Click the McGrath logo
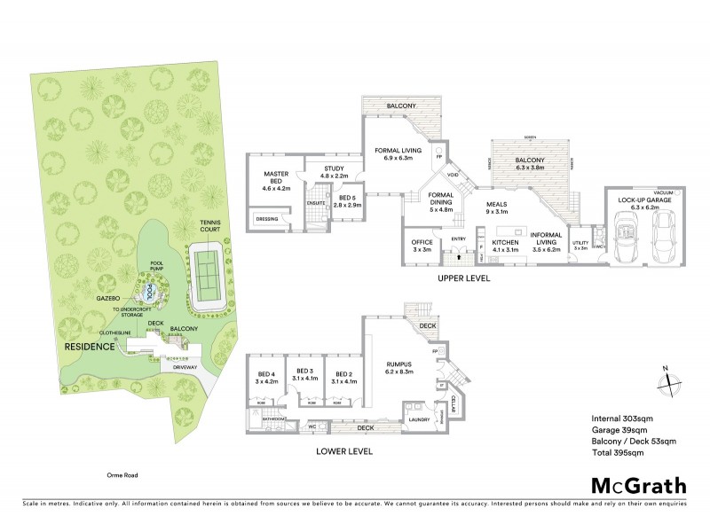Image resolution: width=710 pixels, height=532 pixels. point(638,485)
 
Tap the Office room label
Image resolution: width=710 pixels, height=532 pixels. point(421,245)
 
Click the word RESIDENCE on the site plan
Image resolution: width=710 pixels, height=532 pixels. point(90,346)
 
